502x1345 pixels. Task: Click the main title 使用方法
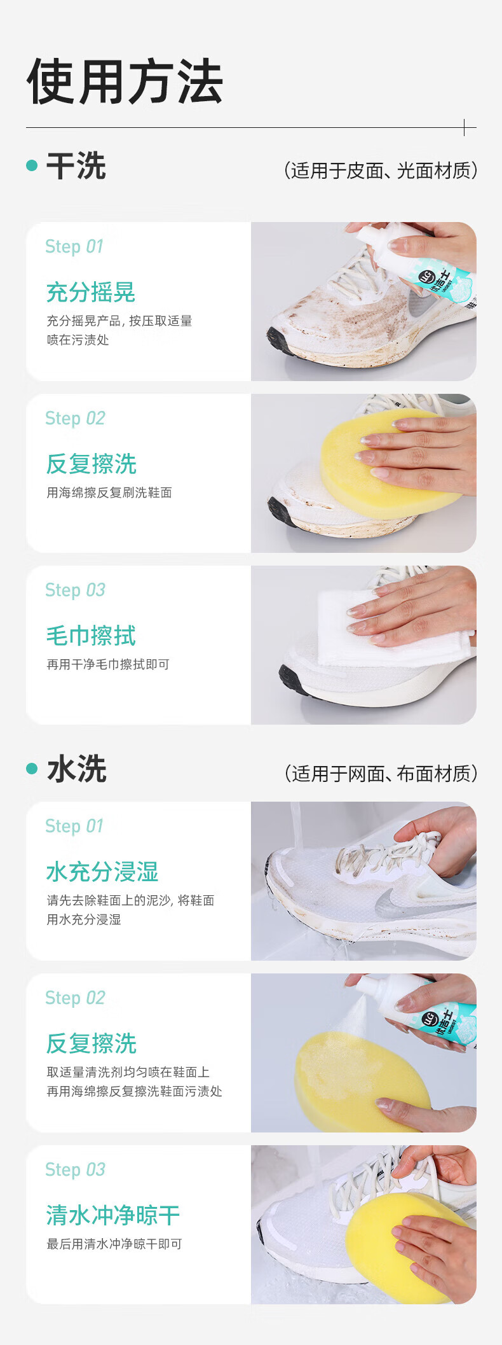click(125, 81)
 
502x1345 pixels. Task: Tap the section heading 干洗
click(76, 166)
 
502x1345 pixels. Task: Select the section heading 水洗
click(76, 769)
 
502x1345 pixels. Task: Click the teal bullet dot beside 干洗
click(32, 165)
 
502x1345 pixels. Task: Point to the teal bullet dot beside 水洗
click(32, 769)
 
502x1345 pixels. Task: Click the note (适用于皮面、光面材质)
click(380, 171)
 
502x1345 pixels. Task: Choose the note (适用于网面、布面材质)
click(380, 774)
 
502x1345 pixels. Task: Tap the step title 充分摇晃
click(91, 293)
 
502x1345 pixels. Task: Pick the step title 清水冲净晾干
click(113, 1216)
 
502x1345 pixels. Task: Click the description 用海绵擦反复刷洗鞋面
click(109, 493)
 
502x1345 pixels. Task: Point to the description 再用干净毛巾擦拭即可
click(108, 665)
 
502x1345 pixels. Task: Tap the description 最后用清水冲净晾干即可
click(114, 1244)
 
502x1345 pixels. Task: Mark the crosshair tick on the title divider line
click(465, 127)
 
